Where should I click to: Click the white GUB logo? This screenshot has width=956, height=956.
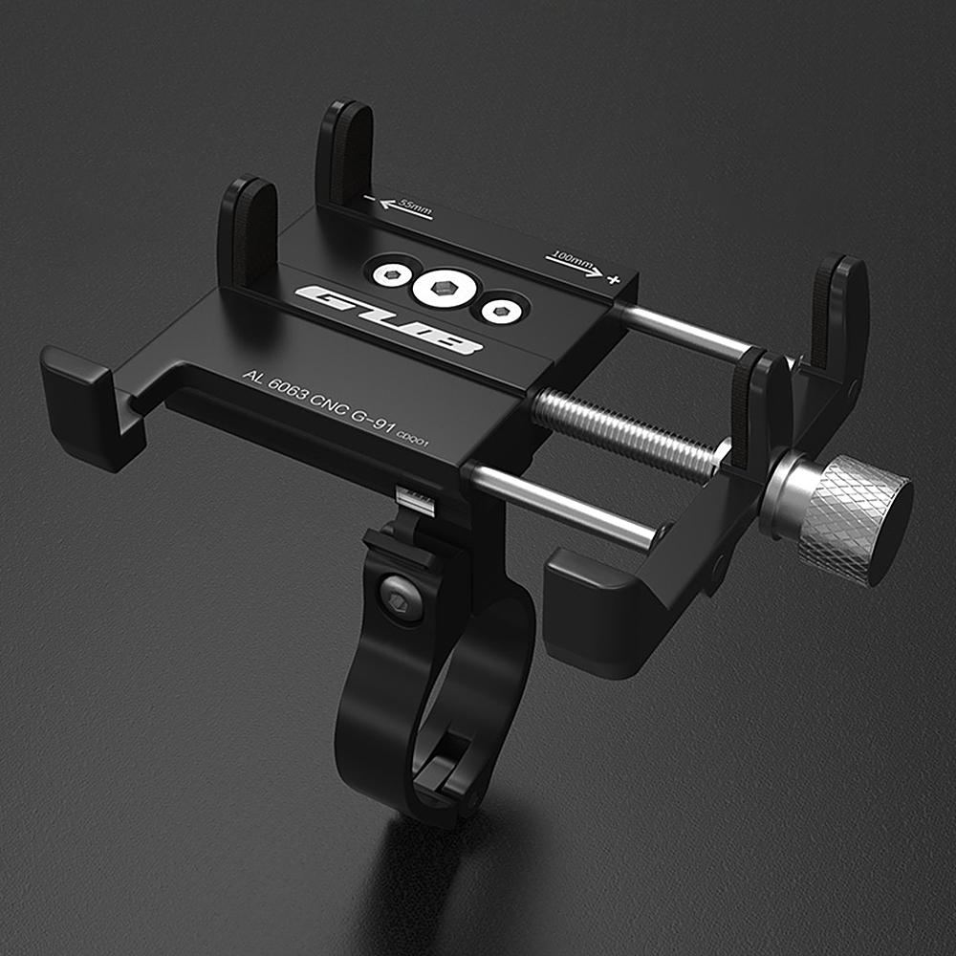[387, 319]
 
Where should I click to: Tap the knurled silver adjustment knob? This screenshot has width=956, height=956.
[846, 516]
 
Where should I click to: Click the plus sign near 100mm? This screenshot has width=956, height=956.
[612, 278]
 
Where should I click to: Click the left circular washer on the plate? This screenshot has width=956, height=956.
[392, 275]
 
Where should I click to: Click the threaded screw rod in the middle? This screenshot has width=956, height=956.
[626, 435]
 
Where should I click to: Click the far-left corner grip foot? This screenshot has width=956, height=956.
[91, 402]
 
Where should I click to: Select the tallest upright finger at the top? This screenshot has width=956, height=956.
[345, 152]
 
